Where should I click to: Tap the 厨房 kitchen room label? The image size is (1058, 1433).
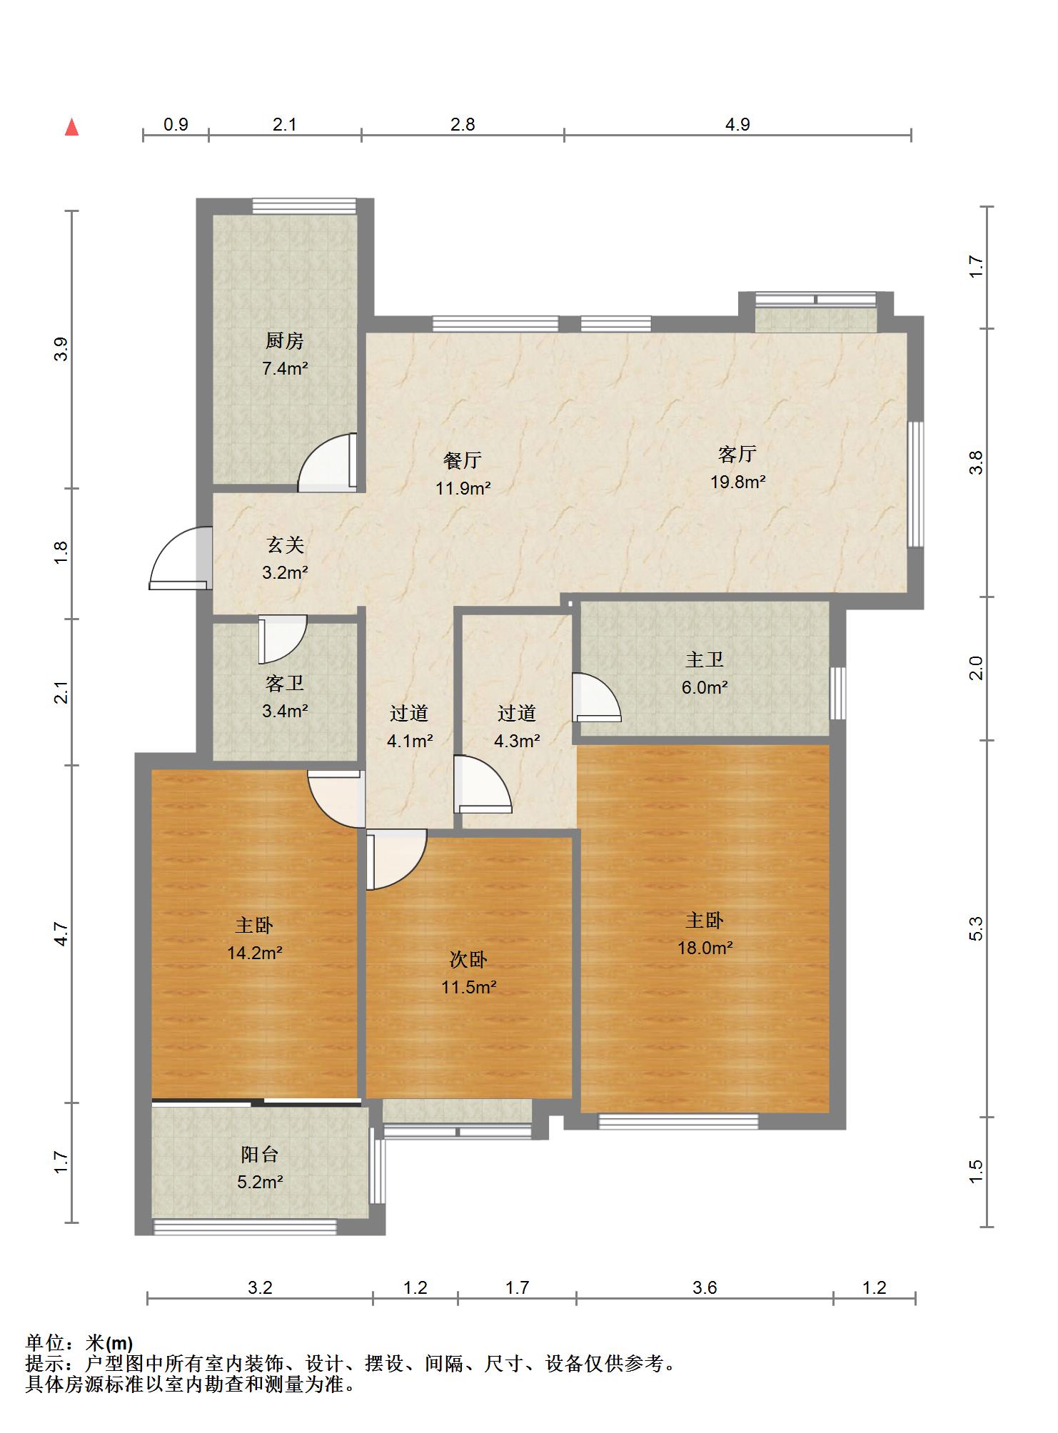[x=285, y=341]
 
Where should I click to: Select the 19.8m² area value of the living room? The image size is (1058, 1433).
[x=737, y=482]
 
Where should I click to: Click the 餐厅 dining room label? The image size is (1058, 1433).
[x=463, y=460]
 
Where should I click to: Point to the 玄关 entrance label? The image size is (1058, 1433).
[x=286, y=545]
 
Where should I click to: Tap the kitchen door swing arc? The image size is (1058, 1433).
[x=327, y=462]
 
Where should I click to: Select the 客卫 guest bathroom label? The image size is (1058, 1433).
[x=285, y=684]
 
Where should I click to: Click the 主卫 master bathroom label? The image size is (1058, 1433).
[x=705, y=659]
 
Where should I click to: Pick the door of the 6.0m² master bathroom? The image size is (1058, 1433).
[x=597, y=697]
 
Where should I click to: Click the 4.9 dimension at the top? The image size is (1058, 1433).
[x=737, y=124]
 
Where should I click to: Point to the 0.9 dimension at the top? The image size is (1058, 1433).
[x=176, y=124]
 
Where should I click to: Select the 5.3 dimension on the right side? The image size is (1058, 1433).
[x=977, y=928]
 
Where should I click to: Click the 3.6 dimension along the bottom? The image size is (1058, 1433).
[x=705, y=1287]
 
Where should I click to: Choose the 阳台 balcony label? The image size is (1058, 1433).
[x=259, y=1155]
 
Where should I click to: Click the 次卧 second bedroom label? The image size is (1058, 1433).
[x=468, y=960]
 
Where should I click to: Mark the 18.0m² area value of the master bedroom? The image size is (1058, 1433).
[x=705, y=948]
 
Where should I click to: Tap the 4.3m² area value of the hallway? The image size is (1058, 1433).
[x=517, y=741]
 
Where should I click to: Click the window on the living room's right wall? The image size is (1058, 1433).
[x=915, y=485]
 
